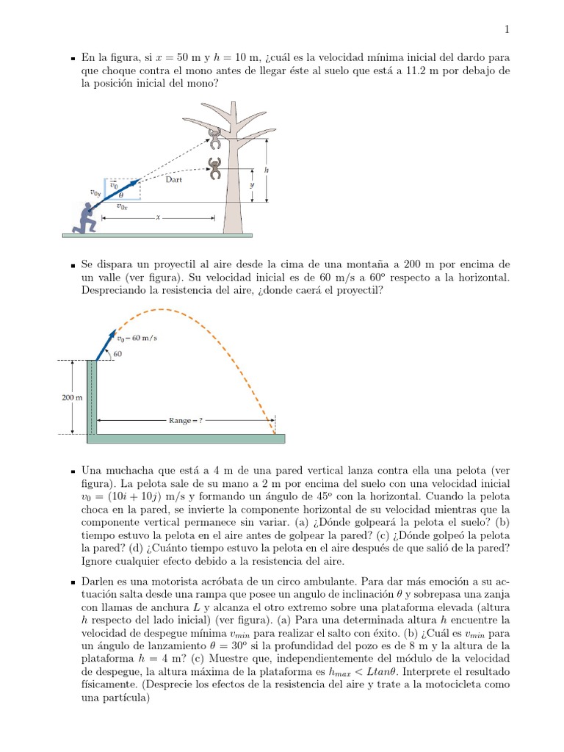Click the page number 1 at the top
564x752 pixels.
pyautogui.click(x=507, y=29)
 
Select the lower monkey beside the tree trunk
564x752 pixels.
pyautogui.click(x=215, y=168)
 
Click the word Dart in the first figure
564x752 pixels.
pyautogui.click(x=174, y=178)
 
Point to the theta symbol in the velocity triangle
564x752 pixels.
pyautogui.click(x=121, y=195)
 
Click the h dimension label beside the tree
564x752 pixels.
pyautogui.click(x=267, y=170)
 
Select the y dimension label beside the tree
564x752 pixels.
pyautogui.click(x=251, y=186)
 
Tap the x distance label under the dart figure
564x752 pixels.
pyautogui.click(x=157, y=217)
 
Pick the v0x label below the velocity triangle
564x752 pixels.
pyautogui.click(x=122, y=207)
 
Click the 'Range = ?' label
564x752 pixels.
pyautogui.click(x=186, y=421)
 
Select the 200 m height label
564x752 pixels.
pyautogui.click(x=70, y=397)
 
